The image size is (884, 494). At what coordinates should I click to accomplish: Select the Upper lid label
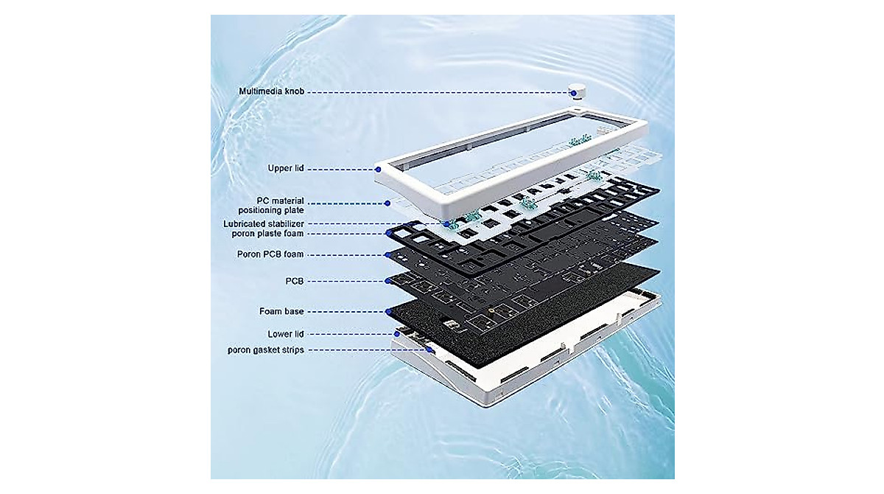click(x=286, y=169)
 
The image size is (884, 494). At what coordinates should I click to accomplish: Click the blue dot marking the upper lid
click(x=379, y=169)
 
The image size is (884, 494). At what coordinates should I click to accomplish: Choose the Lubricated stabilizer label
click(x=263, y=223)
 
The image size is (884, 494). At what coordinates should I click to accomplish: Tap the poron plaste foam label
click(x=263, y=234)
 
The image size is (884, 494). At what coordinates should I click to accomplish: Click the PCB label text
click(x=295, y=281)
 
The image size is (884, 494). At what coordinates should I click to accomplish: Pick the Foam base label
click(x=281, y=312)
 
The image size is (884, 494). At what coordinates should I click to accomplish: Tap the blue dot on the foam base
click(x=388, y=312)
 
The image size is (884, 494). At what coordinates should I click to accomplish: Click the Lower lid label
click(x=286, y=334)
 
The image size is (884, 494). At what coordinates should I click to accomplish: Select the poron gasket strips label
click(x=265, y=349)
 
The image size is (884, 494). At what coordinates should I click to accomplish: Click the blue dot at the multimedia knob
click(x=572, y=93)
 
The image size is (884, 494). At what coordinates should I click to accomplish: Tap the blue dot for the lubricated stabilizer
click(x=446, y=223)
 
